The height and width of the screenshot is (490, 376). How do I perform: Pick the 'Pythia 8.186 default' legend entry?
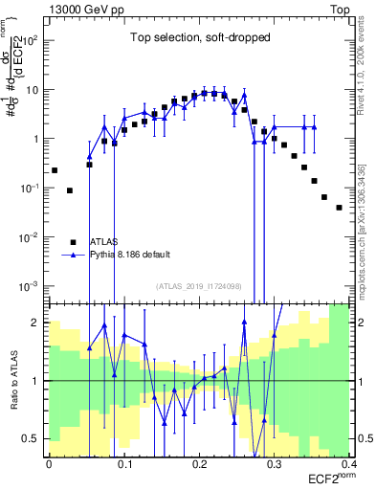pyautogui.click(x=129, y=255)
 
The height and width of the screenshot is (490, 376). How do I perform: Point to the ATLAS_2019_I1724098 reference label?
pyautogui.click(x=199, y=286)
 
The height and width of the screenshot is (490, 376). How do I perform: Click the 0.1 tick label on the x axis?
pyautogui.click(x=123, y=464)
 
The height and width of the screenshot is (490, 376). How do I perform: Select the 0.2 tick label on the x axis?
pyautogui.click(x=199, y=464)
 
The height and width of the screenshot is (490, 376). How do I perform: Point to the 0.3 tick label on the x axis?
pyautogui.click(x=274, y=464)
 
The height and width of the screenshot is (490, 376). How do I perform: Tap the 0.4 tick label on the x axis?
pyautogui.click(x=348, y=464)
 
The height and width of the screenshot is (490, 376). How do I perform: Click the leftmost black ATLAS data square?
pyautogui.click(x=55, y=170)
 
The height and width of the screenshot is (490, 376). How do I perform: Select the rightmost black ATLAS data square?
pyautogui.click(x=339, y=207)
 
